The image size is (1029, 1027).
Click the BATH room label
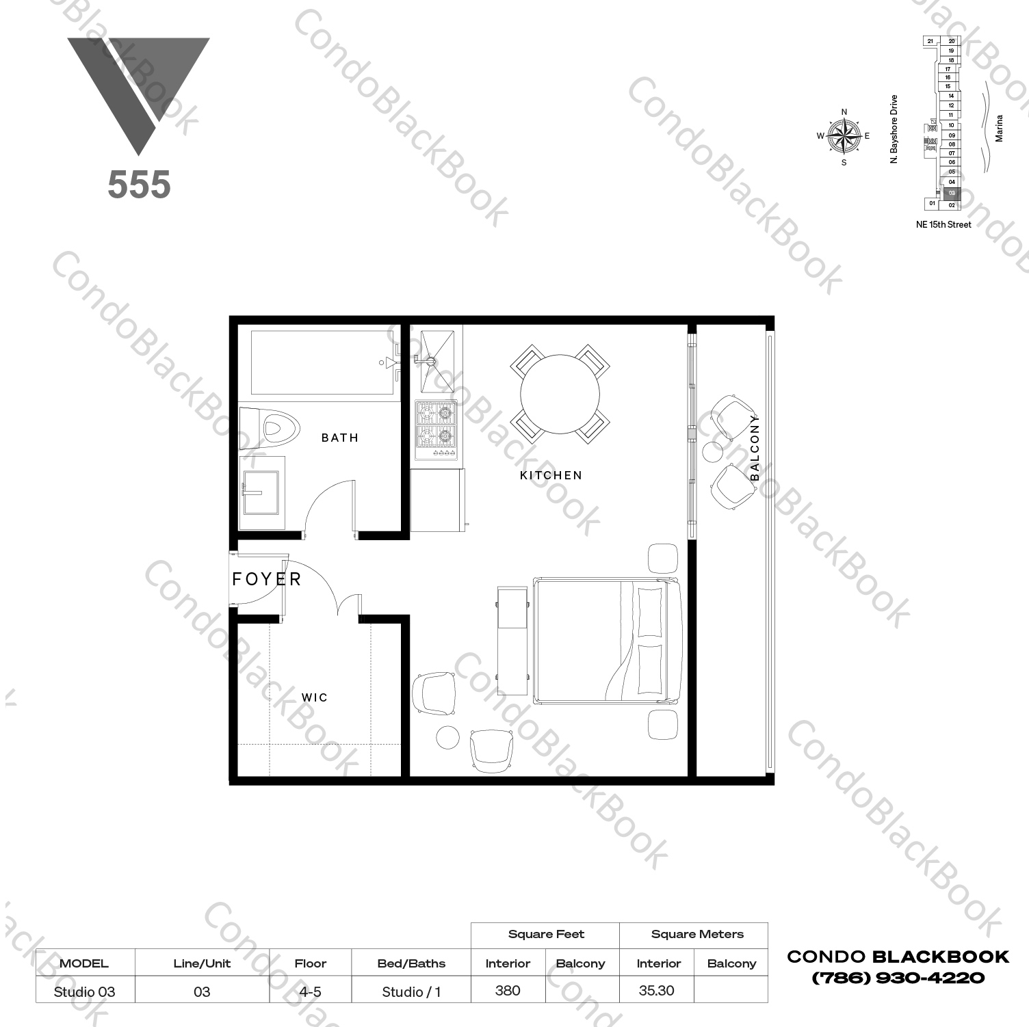click(339, 438)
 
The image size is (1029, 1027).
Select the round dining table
click(560, 394)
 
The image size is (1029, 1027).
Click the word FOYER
click(266, 579)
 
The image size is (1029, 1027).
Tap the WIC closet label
click(315, 697)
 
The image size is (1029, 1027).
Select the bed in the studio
click(606, 640)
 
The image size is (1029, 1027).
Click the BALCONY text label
click(755, 447)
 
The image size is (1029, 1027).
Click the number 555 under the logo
click(139, 185)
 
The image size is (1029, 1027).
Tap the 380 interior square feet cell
click(507, 990)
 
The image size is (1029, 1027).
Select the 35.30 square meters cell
click(655, 990)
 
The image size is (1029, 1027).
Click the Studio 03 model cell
click(84, 991)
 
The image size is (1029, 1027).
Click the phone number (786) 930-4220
click(898, 978)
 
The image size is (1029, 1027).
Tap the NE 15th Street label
click(943, 224)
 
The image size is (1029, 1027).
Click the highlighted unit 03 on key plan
click(952, 194)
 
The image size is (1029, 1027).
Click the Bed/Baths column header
click(411, 963)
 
